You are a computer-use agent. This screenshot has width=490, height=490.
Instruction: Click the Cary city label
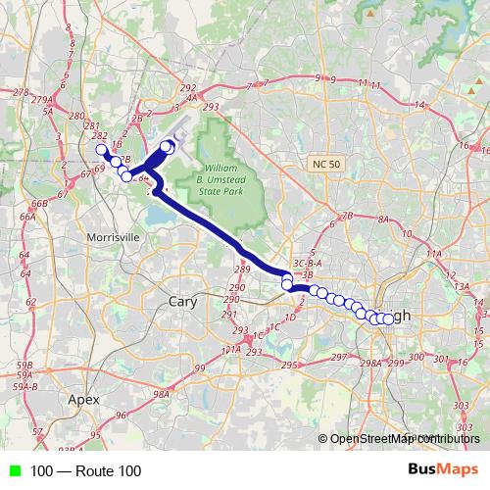pos(183,302)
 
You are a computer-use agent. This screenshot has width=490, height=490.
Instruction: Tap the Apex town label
pos(84,399)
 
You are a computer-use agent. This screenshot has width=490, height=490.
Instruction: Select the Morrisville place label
pos(114,237)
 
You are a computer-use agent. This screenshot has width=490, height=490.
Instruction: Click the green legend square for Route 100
pos(12,471)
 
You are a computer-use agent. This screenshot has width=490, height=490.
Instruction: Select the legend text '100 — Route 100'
pos(85,471)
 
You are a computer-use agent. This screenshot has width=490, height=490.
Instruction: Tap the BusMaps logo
pos(444,470)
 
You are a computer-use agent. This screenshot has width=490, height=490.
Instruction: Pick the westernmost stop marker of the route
pos(101,150)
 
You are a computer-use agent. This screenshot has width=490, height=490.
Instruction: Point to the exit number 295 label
pos(289,365)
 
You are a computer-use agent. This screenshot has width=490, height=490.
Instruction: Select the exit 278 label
pos(21,92)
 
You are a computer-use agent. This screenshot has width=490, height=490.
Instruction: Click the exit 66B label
pos(40,203)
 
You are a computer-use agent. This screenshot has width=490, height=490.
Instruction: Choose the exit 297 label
pos(339,357)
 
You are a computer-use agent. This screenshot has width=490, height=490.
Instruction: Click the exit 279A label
pos(41,100)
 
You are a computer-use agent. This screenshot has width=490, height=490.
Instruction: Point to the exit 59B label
pos(25,365)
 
